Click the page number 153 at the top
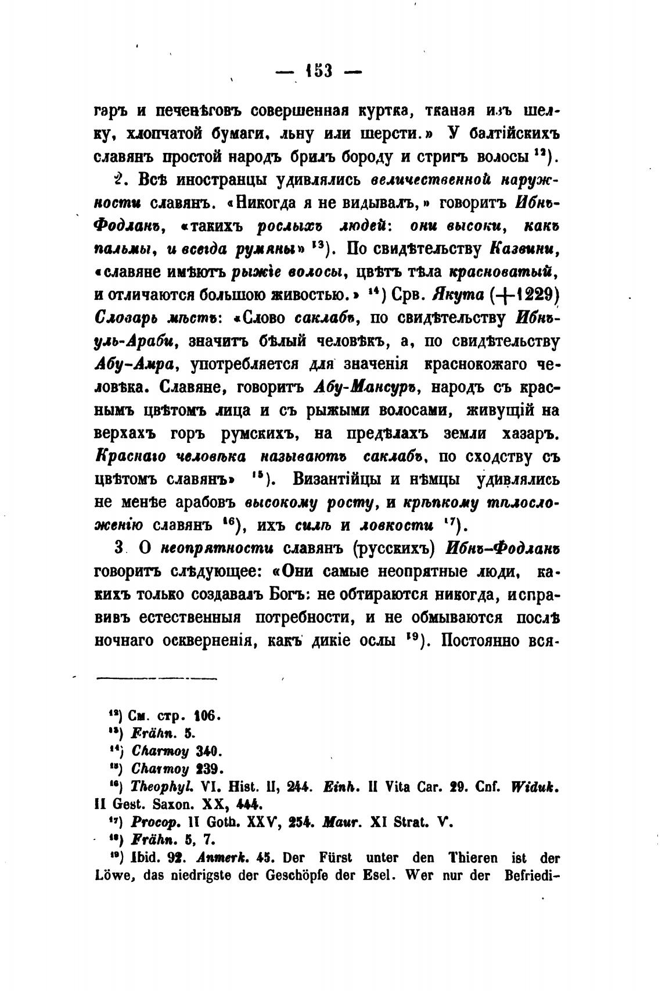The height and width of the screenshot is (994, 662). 318,71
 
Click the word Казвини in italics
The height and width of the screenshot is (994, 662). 525,249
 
